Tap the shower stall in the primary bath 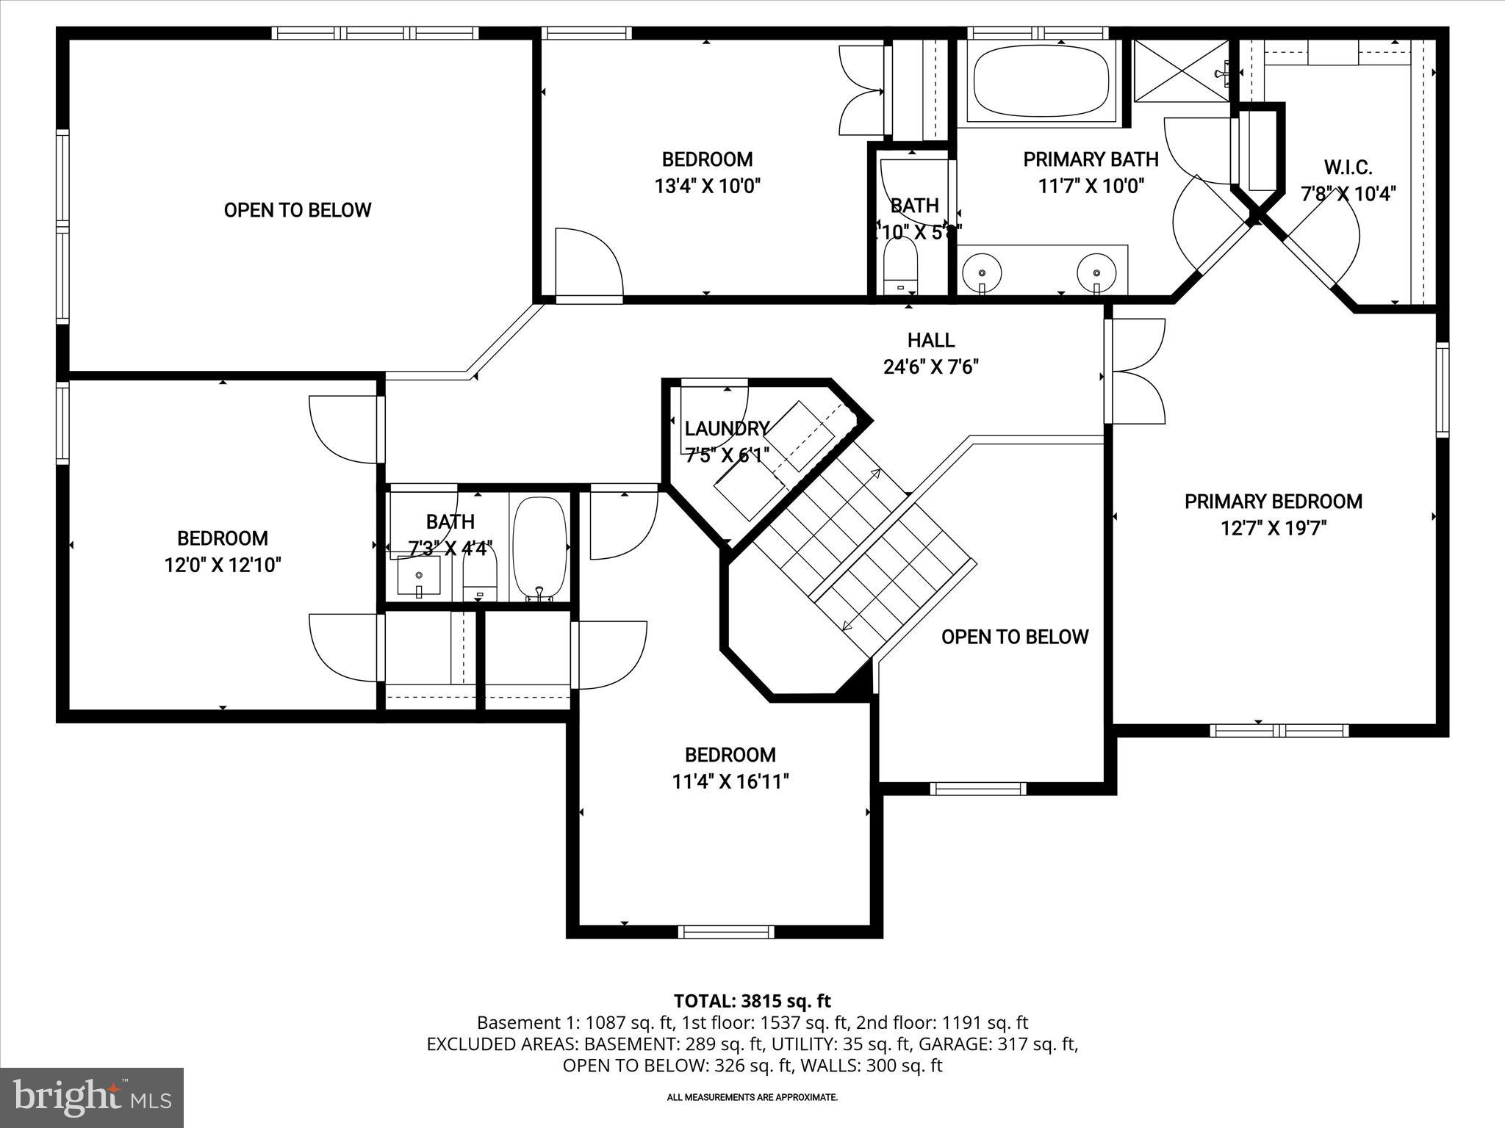point(1181,72)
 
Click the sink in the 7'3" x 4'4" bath point(419,575)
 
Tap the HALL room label point(930,340)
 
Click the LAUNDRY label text point(726,429)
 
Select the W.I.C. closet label point(1348,167)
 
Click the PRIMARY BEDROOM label point(1273,502)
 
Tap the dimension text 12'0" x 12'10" point(223,565)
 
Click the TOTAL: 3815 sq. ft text point(752,1001)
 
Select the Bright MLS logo point(92,1097)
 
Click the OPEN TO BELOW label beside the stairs point(1014,637)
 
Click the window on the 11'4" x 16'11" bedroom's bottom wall point(725,931)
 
